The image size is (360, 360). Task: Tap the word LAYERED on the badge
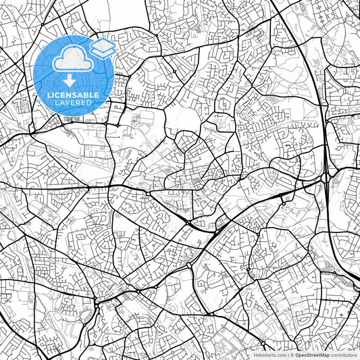[x=74, y=103]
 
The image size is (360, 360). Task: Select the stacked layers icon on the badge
[x=102, y=47]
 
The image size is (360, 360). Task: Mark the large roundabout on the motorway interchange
[x=327, y=178]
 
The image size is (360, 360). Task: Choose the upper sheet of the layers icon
[x=102, y=45]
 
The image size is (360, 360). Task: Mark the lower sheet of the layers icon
[x=102, y=52]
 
